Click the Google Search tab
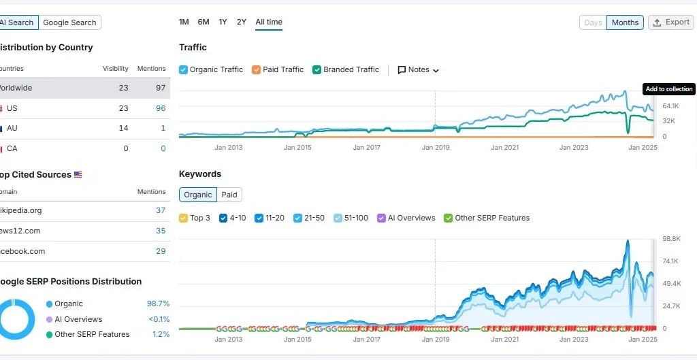pyautogui.click(x=69, y=22)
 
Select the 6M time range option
pyautogui.click(x=204, y=22)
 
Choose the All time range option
pyautogui.click(x=269, y=22)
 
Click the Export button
pyautogui.click(x=671, y=22)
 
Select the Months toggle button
pyautogui.click(x=625, y=22)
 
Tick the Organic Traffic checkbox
pyautogui.click(x=184, y=69)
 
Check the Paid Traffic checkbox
pyautogui.click(x=257, y=69)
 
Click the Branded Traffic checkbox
pyautogui.click(x=317, y=69)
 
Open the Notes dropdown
pyautogui.click(x=418, y=69)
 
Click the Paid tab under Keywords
pyautogui.click(x=229, y=195)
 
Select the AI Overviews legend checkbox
pyautogui.click(x=381, y=218)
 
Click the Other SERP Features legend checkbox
pyautogui.click(x=449, y=218)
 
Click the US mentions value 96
pyautogui.click(x=161, y=108)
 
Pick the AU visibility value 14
pyautogui.click(x=123, y=128)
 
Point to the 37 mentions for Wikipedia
pyautogui.click(x=161, y=210)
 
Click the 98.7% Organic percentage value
pyautogui.click(x=158, y=304)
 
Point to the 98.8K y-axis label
pyautogui.click(x=671, y=238)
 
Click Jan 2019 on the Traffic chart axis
pyautogui.click(x=436, y=147)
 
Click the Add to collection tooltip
pyautogui.click(x=668, y=89)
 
